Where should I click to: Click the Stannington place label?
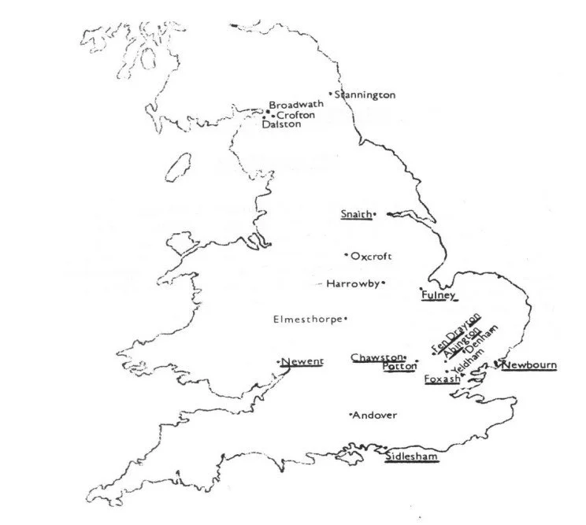tap(365, 95)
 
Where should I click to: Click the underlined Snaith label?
tap(355, 214)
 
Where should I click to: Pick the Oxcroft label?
tap(372, 256)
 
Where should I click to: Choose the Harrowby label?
tap(353, 283)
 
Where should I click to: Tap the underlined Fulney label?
tap(439, 295)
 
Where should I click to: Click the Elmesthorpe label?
tap(306, 320)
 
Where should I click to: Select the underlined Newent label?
tap(302, 362)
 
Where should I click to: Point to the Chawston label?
tap(376, 358)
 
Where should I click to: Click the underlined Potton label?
tap(399, 367)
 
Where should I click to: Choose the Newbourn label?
tap(529, 365)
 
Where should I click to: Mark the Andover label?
tap(375, 416)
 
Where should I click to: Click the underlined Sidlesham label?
tap(411, 457)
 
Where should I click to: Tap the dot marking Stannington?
tap(331, 94)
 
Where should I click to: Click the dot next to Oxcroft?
tap(346, 255)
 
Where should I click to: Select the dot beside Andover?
tap(350, 415)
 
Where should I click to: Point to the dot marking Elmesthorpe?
tap(346, 319)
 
